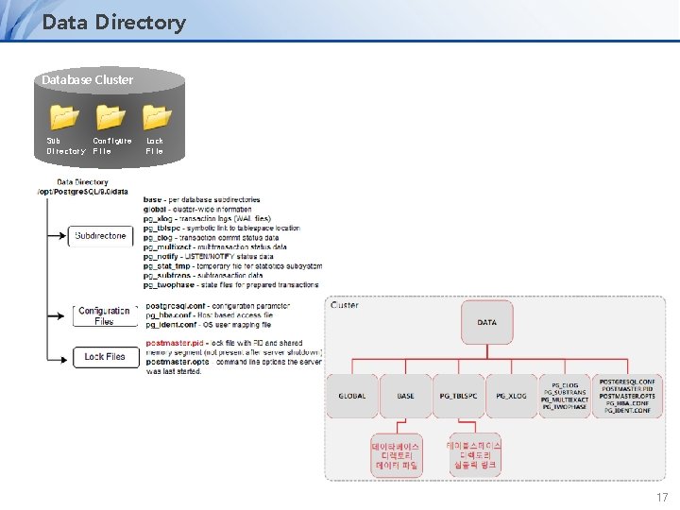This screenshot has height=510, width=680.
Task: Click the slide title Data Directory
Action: pos(113,22)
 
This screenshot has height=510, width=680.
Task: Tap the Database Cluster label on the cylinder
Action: pos(87,79)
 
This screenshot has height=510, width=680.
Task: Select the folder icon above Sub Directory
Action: pos(64,117)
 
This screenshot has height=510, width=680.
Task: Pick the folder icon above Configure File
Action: pos(110,117)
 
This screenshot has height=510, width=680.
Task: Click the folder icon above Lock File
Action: pos(156,117)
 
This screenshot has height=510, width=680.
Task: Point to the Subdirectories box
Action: pos(100,235)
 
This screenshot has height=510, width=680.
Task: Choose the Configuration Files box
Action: pos(103,315)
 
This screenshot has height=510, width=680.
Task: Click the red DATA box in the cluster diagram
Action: pos(486,322)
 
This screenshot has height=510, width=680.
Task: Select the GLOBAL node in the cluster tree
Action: pos(352,396)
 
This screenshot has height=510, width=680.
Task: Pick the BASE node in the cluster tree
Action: pos(405,396)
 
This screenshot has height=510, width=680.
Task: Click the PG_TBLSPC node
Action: pos(459,396)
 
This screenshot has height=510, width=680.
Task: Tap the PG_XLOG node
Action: pos(512,396)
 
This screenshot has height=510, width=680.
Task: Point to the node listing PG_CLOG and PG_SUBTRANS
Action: pos(566,396)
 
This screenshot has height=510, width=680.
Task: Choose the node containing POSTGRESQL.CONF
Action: pos(628,396)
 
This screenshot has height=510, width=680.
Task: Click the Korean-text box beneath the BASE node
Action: pos(396,455)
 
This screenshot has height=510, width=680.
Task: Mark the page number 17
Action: pos(661,496)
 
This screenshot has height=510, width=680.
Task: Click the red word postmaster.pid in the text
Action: pos(176,343)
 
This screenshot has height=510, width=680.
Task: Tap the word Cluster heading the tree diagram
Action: pos(344,305)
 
